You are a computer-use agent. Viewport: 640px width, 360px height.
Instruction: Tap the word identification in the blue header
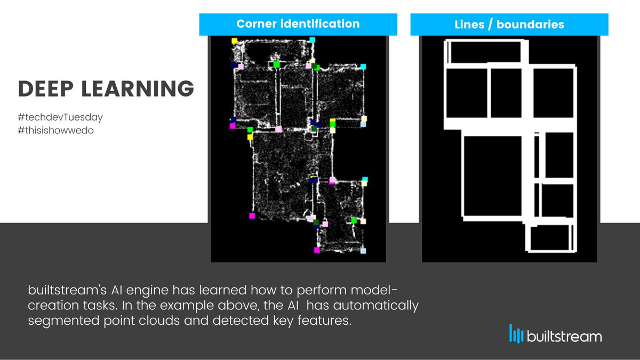[320, 24]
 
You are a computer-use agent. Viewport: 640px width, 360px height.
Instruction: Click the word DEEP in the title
[46, 89]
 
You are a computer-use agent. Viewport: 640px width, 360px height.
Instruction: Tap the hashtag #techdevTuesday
[60, 117]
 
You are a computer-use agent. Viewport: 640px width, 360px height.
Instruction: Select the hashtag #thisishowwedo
[56, 130]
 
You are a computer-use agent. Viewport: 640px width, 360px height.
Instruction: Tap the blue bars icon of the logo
[516, 333]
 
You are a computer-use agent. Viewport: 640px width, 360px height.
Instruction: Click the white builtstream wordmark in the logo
[564, 337]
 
